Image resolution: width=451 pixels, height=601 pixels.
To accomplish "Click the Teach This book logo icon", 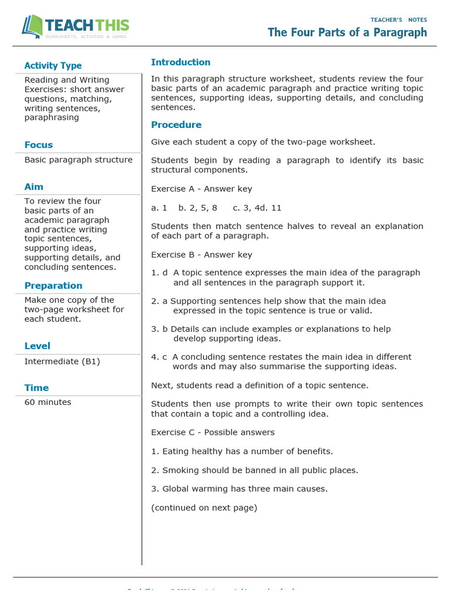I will point(32,27).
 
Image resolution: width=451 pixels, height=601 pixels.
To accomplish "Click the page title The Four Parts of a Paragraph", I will point(347,32).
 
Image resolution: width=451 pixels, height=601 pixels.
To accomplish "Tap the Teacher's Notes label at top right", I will point(399,20).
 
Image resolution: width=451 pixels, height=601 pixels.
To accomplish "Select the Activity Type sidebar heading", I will point(53,66).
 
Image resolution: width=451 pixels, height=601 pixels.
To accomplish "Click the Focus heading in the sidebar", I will point(39,145).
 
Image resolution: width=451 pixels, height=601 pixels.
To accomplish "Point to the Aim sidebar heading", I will point(34,187).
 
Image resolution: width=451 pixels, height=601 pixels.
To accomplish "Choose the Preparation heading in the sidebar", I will point(53,286).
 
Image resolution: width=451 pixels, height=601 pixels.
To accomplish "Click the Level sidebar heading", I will point(38,346).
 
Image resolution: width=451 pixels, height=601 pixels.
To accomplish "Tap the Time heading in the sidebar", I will point(36,388).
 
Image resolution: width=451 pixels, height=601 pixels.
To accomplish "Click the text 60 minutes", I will point(48,403).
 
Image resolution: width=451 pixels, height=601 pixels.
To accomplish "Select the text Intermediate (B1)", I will point(62,362).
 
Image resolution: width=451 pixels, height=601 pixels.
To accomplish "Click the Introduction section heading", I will point(180,62).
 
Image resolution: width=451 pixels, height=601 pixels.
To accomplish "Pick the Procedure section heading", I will point(176,125).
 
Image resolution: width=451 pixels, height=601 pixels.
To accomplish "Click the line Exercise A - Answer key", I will point(201,189).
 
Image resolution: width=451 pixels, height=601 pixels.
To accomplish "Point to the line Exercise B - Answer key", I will point(201,255).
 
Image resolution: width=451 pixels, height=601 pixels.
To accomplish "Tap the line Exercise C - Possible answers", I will point(213,433).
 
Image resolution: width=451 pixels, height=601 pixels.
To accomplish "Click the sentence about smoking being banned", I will point(254,470).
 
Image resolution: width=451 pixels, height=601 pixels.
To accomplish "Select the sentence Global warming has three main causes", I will point(239,489).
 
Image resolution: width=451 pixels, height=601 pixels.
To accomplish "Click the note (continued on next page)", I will point(204,508).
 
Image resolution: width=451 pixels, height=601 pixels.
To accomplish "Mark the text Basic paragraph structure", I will point(79,160).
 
